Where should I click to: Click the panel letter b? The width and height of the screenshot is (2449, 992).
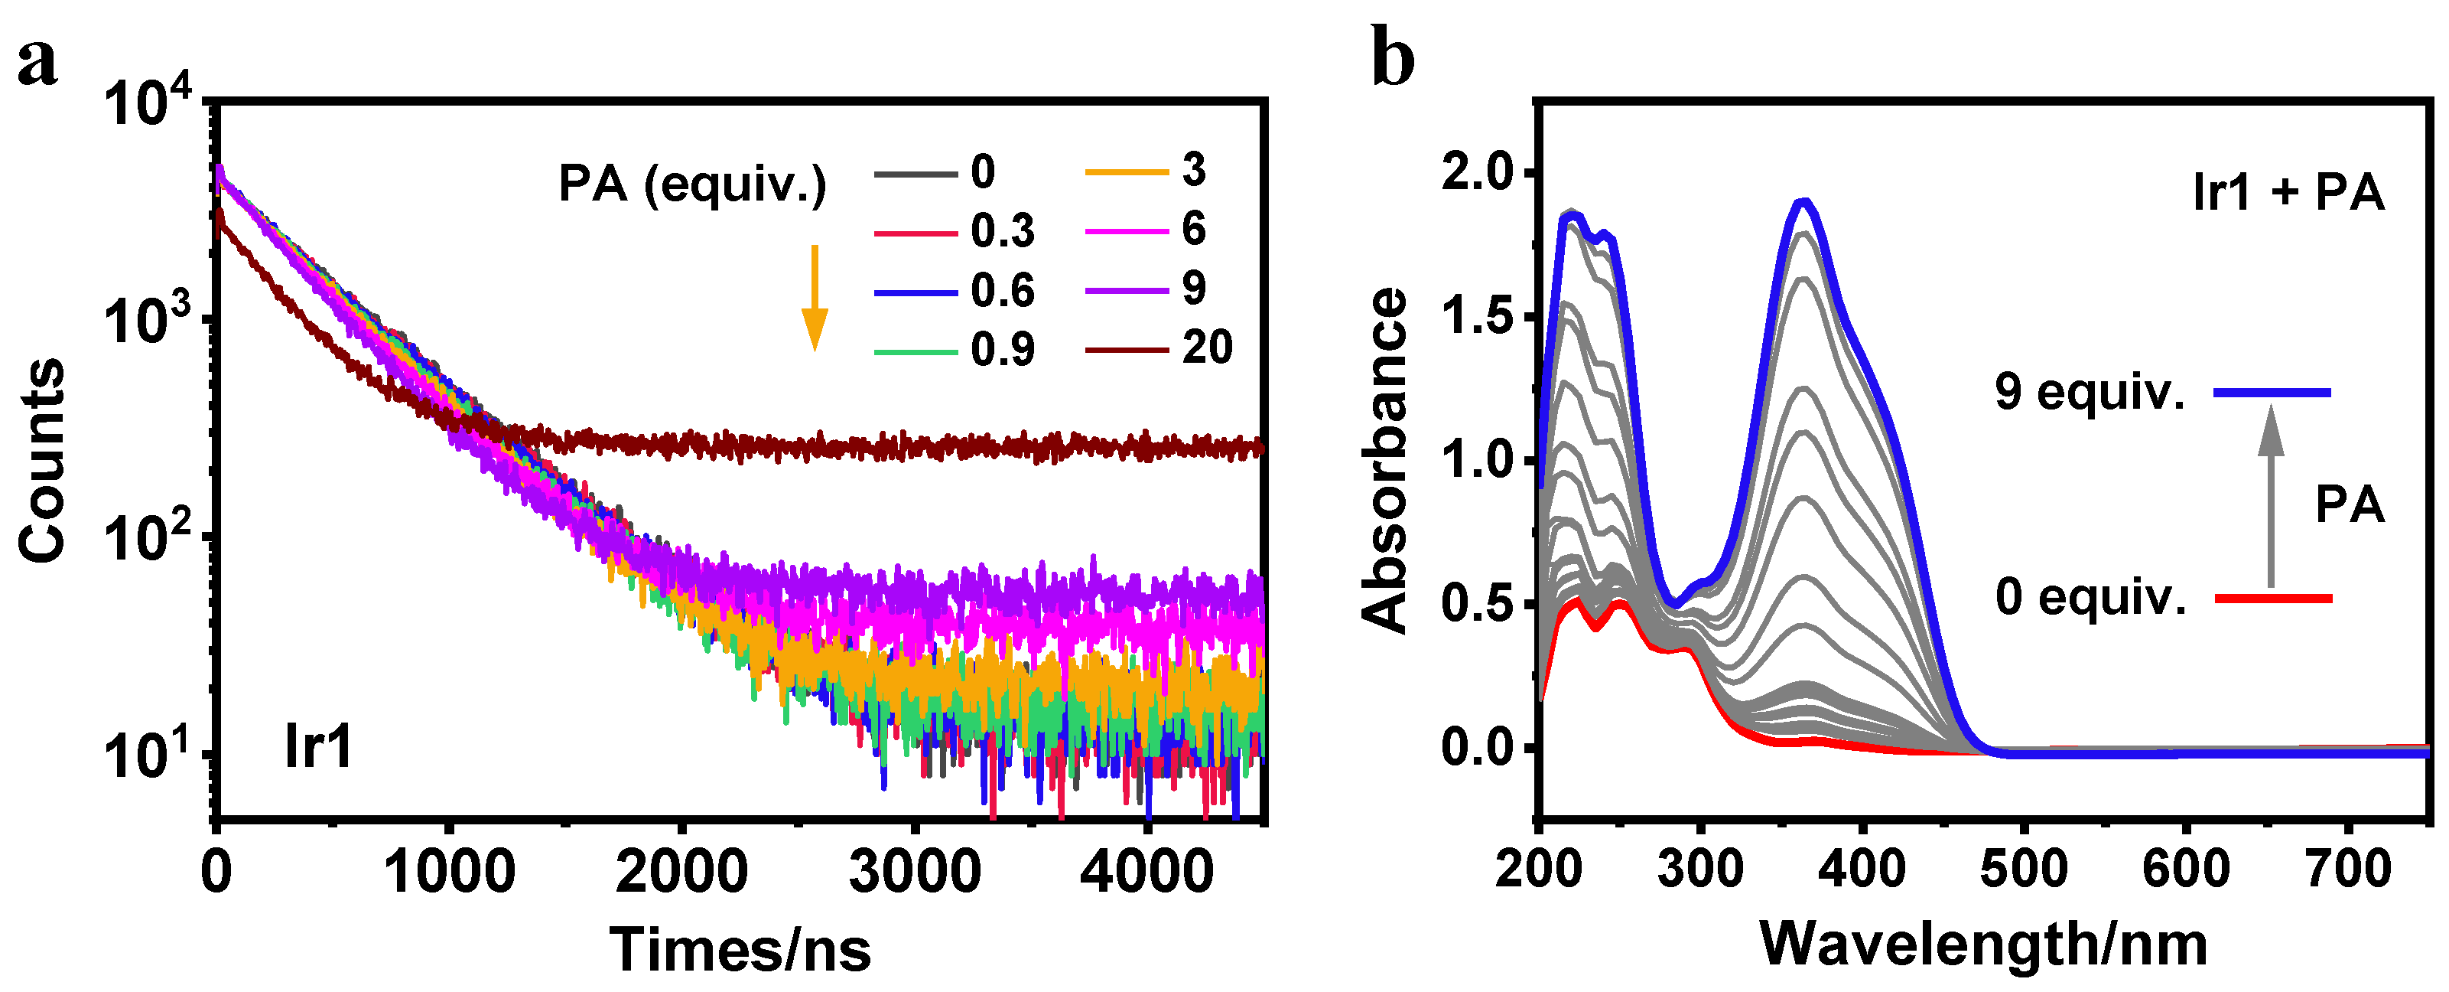coord(1393,59)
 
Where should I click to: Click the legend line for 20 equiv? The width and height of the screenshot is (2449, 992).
coord(1126,349)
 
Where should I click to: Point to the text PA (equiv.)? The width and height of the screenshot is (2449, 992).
coord(692,184)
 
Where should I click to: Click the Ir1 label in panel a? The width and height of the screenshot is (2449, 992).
coord(318,746)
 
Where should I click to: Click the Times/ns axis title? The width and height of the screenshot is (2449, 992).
coord(740,949)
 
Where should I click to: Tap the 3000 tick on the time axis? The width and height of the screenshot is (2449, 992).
coord(914,871)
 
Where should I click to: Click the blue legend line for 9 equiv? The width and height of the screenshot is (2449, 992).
coord(2272,392)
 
